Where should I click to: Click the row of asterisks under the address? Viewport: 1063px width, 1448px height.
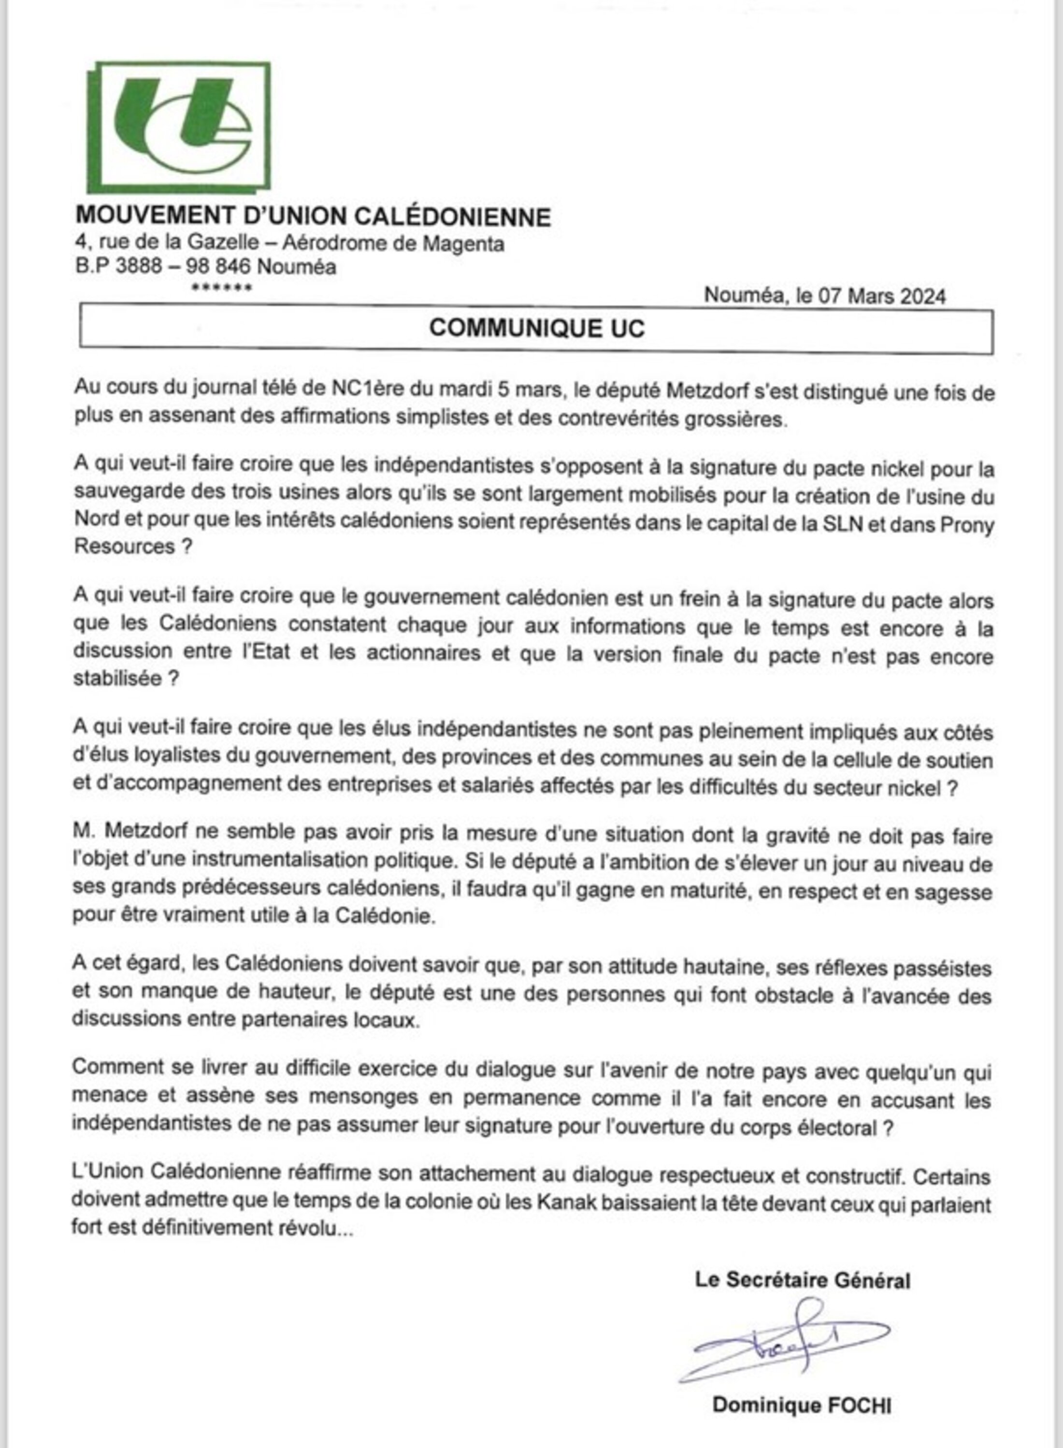(221, 287)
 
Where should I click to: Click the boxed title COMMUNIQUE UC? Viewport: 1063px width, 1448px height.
(537, 328)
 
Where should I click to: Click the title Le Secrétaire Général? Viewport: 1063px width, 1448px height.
(803, 1280)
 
